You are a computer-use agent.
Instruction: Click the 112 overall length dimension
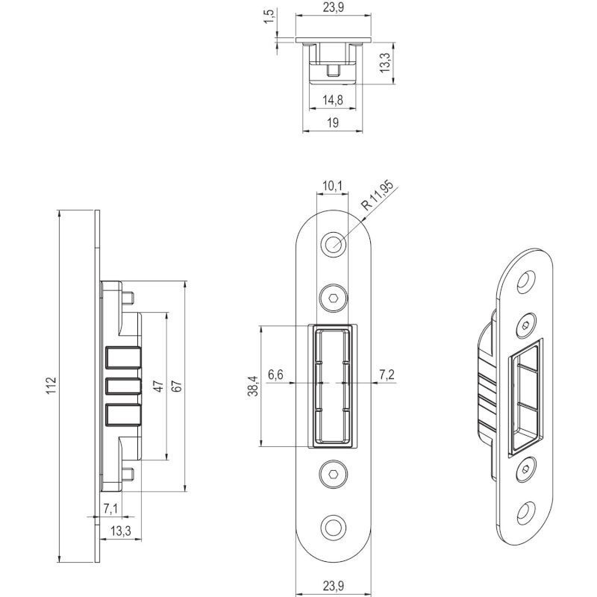pos(51,385)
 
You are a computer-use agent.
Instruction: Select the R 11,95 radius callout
pos(377,196)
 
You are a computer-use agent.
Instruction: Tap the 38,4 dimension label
pos(253,386)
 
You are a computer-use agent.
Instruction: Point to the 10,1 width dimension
pos(332,186)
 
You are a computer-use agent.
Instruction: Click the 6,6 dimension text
pos(275,375)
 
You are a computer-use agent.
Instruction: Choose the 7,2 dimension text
pos(387,375)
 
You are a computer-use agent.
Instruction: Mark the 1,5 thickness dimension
pos(269,16)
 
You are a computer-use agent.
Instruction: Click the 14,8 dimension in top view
pos(333,100)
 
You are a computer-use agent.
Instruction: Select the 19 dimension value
pos(332,122)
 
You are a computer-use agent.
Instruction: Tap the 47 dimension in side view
pos(159,386)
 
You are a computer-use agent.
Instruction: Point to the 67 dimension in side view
pos(177,386)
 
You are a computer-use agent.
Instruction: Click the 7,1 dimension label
pos(110,509)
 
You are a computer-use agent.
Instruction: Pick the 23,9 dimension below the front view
pos(333,586)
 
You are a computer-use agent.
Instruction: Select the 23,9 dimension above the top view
pos(333,7)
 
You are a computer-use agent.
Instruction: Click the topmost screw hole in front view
pos(334,244)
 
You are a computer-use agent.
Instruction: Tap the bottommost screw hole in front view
pos(334,528)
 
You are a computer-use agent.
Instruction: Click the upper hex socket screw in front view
pos(334,298)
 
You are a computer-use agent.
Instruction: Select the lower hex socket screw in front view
pos(334,474)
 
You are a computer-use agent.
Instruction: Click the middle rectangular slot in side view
pos(123,386)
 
